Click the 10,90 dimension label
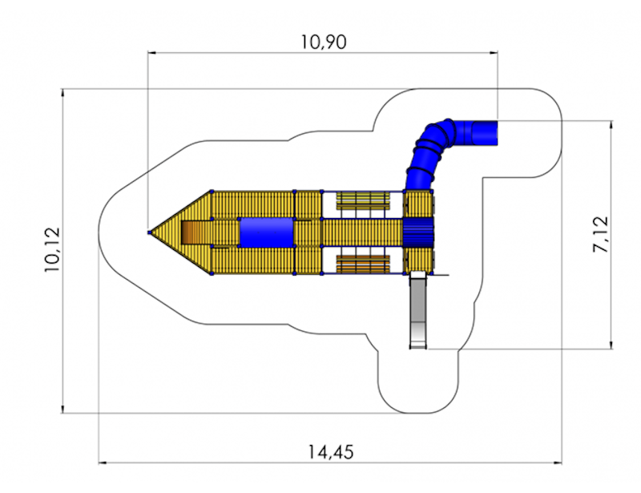tap(324, 42)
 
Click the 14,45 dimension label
tap(330, 452)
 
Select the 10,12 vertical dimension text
tap(52, 249)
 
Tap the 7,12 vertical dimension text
tap(600, 234)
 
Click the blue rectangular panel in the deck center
tap(267, 232)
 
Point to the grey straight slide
tap(417, 311)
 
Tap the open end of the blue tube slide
tap(486, 133)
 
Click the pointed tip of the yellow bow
tap(150, 232)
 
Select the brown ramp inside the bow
tap(191, 232)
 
